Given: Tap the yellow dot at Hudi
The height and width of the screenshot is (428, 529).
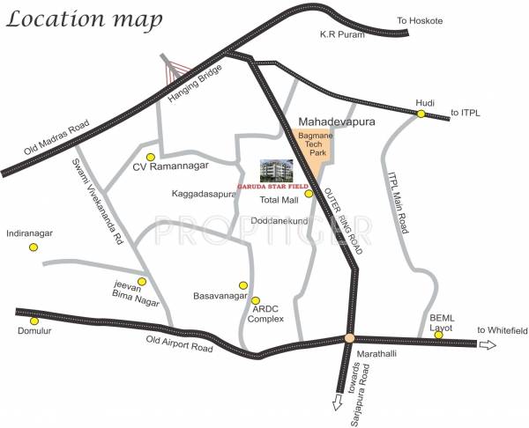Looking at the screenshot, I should pos(421,114).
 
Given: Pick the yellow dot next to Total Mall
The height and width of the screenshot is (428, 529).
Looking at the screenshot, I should pos(309,194).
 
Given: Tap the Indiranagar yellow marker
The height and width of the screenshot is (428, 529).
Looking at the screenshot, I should pos(34,247).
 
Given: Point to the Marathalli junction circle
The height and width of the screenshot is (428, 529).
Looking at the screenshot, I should pos(349,338).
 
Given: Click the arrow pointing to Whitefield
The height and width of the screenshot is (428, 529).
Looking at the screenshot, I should pos(488,344).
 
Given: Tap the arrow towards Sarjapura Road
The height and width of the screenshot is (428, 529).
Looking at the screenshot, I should pos(336,402).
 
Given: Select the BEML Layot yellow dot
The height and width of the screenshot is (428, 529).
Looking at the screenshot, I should pos(437,335).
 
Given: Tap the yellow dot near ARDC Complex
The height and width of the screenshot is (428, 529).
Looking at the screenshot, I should pos(256,300).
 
